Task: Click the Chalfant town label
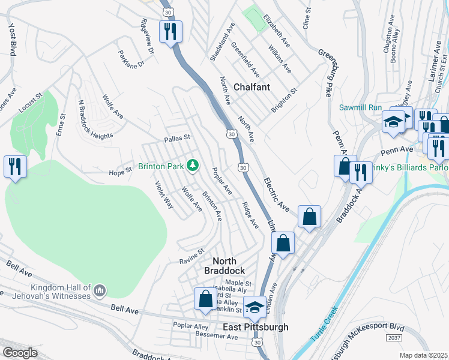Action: coord(252,87)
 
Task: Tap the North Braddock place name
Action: coord(233,266)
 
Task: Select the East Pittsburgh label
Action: coord(256,327)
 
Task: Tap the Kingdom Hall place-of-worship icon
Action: coord(100,291)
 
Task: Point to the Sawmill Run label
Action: coord(360,107)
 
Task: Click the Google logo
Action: coord(20,353)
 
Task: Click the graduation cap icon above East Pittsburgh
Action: coord(255,307)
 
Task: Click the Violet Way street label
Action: coord(164,195)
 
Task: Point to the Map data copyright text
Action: coord(423,355)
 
